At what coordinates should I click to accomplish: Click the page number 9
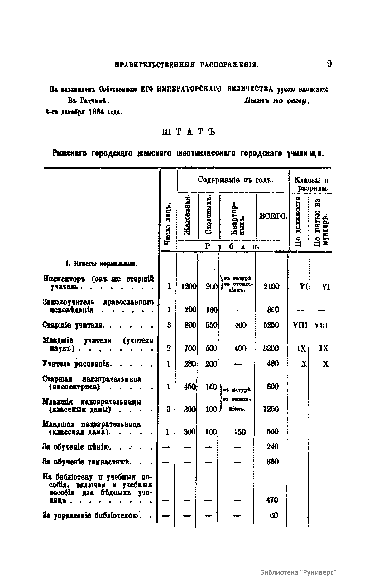[x=329, y=64]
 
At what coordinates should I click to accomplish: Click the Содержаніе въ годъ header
[x=236, y=180]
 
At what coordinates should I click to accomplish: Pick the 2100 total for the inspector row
[x=271, y=286]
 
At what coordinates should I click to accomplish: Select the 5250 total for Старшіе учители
[x=271, y=325]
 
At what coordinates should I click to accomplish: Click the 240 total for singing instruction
[x=272, y=447]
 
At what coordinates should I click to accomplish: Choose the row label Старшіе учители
[x=74, y=325]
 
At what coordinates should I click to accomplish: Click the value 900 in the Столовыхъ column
[x=211, y=287]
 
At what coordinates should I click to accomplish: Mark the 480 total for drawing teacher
[x=273, y=364]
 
